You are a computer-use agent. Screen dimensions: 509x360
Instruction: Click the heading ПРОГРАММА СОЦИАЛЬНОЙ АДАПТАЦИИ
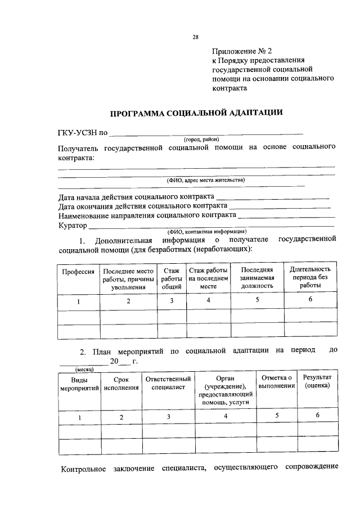pos(196,112)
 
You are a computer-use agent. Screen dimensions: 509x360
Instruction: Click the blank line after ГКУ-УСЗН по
pos(206,133)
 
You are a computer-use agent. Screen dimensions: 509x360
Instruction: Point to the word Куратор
pos(73,226)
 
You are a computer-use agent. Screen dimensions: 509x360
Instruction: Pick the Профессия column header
pos(78,272)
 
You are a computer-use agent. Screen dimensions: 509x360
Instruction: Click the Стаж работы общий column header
pos(171,278)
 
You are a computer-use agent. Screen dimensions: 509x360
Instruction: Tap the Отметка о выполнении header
pos(276,382)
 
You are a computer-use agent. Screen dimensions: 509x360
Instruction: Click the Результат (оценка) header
pos(318,382)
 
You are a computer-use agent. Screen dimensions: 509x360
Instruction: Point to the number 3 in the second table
pos(168,417)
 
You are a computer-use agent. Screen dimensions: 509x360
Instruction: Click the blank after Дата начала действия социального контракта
pos(272,197)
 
